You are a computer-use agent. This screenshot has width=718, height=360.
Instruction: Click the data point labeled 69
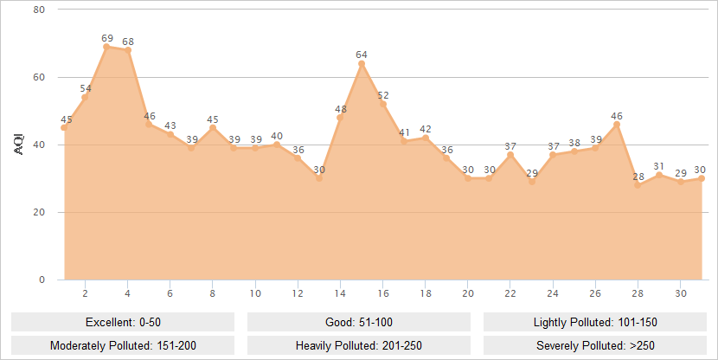106,47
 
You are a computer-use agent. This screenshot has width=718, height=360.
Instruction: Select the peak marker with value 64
362,63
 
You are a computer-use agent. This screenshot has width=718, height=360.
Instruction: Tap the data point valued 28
638,185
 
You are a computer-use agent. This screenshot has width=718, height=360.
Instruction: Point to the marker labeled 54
85,97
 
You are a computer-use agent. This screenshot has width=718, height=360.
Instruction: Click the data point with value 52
383,104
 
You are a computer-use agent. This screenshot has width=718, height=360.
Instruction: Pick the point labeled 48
340,118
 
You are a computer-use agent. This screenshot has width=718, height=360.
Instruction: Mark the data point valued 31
659,175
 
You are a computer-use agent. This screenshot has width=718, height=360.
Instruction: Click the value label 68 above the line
128,41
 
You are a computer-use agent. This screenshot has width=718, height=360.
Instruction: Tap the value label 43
170,125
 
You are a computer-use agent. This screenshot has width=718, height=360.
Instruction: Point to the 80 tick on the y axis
39,10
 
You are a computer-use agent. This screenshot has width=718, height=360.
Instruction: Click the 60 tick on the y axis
39,77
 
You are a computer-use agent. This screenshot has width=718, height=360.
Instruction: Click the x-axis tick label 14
340,293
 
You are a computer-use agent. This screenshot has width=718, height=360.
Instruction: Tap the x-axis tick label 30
680,293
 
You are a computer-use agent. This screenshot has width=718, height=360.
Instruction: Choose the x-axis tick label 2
85,293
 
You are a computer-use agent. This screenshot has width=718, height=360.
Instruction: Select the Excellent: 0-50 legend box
123,322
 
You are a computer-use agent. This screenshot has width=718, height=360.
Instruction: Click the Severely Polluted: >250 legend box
595,344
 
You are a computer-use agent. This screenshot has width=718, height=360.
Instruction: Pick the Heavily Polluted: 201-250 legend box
359,344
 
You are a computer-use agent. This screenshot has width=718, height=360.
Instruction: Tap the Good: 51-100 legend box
359,322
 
